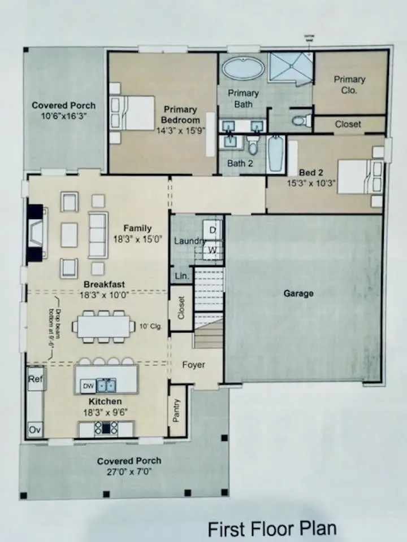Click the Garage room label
(298, 294)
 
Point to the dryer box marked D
(213, 230)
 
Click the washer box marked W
(213, 249)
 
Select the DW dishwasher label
(88, 386)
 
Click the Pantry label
(177, 410)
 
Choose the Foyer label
(193, 365)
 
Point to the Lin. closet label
(181, 276)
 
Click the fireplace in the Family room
(37, 233)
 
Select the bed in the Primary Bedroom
(133, 112)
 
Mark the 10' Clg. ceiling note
(154, 326)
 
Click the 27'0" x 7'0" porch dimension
(129, 471)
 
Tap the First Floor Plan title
(271, 529)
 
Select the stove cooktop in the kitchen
(107, 427)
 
